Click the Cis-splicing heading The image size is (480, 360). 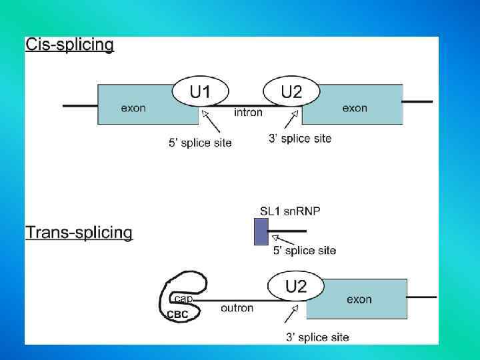tap(69, 45)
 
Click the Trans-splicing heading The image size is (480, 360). tap(79, 233)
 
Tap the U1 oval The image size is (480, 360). tap(200, 92)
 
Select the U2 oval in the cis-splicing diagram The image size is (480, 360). tap(291, 92)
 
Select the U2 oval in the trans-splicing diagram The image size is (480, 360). tap(296, 287)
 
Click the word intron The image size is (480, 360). tap(248, 112)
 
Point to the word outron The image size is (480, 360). tap(237, 308)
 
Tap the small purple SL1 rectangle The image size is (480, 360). tap(261, 231)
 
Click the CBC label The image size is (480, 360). tap(177, 314)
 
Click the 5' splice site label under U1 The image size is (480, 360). tap(200, 143)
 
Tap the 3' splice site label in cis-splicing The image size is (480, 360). tap(299, 139)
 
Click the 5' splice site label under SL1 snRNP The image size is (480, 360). tap(305, 251)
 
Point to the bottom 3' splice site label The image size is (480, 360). tap(317, 337)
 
